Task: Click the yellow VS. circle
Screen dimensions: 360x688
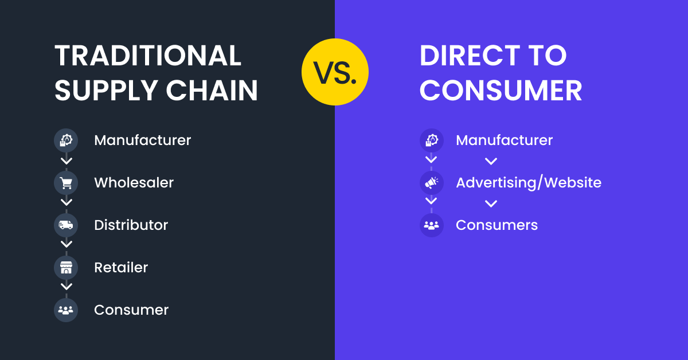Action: pyautogui.click(x=335, y=72)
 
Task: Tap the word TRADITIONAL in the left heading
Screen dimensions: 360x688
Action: pyautogui.click(x=148, y=56)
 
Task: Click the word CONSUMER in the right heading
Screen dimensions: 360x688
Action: pyautogui.click(x=501, y=91)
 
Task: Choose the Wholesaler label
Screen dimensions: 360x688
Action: pyautogui.click(x=134, y=183)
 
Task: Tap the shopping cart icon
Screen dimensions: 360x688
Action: pyautogui.click(x=66, y=183)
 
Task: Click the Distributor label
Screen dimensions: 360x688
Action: pyautogui.click(x=131, y=225)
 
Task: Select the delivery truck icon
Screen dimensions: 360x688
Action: pyautogui.click(x=66, y=225)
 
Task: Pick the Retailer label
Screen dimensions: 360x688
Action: pyautogui.click(x=121, y=268)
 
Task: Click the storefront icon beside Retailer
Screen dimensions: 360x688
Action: pyautogui.click(x=66, y=268)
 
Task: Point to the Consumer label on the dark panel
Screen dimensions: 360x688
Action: pyautogui.click(x=131, y=310)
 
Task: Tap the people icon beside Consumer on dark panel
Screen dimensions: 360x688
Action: pyautogui.click(x=66, y=310)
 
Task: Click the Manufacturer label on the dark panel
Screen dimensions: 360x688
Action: pyautogui.click(x=142, y=140)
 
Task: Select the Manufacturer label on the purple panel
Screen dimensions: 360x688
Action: pyautogui.click(x=504, y=140)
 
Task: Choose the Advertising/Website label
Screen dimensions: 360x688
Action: pyautogui.click(x=528, y=183)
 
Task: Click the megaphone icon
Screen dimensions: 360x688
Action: pyautogui.click(x=431, y=183)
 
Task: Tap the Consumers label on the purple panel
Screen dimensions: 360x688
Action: pyautogui.click(x=497, y=225)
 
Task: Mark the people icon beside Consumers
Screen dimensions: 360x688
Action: pyautogui.click(x=431, y=225)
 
